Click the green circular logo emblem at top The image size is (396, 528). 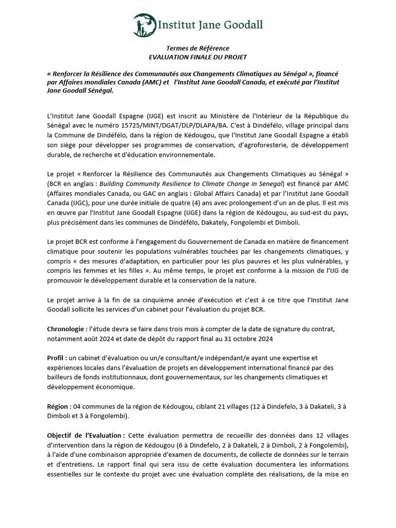click(x=144, y=24)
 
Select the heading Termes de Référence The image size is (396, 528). click(x=197, y=48)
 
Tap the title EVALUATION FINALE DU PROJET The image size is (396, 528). click(x=197, y=57)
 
